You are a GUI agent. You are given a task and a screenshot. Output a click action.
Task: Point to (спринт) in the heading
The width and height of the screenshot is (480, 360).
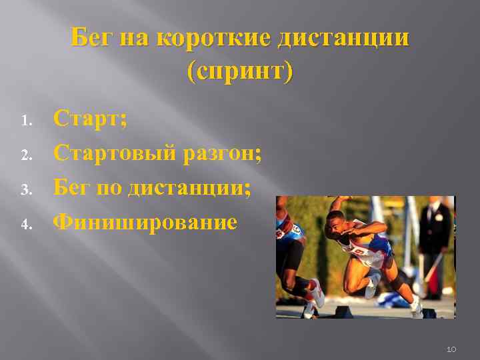pos(240,71)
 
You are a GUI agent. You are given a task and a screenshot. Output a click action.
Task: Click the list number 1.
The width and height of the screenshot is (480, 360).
pos(26,122)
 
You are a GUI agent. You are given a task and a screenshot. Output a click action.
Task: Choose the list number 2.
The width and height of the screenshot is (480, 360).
pos(26,156)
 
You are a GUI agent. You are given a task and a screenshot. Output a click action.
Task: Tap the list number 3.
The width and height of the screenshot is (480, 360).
pos(26,190)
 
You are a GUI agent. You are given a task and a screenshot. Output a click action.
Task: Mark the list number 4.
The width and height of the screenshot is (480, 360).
pos(26,224)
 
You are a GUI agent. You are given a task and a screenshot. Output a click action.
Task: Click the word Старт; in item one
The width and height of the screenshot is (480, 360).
pos(91,120)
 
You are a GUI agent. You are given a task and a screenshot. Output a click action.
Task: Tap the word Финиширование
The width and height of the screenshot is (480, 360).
pos(145,221)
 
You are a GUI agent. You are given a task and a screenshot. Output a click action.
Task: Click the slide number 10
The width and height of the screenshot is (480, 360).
pos(451,349)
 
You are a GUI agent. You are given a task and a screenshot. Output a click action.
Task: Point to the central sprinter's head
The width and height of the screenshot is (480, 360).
pos(335,227)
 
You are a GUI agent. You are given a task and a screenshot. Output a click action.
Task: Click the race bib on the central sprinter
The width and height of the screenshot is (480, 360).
pos(361,251)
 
